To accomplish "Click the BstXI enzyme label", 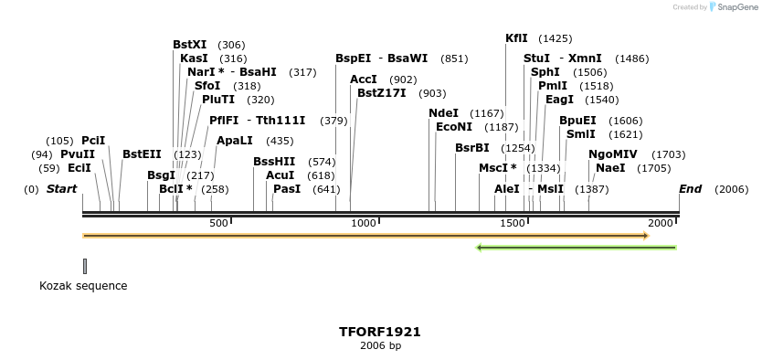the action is tap(190, 45).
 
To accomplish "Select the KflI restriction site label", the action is tap(516, 38).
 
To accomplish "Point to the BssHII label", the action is tap(274, 162).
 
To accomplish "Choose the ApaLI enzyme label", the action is tap(235, 141).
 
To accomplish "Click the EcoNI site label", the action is tap(454, 127).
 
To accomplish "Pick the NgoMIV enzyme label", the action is tap(613, 154).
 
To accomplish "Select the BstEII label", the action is tap(142, 154).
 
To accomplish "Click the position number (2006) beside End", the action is tap(731, 190).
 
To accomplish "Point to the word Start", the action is tap(61, 189).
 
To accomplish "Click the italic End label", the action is tap(690, 189).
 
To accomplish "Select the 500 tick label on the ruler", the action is tap(218, 223).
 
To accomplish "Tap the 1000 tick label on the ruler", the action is tap(364, 223).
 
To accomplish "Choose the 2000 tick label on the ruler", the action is tap(660, 223).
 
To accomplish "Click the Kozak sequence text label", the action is tap(83, 286).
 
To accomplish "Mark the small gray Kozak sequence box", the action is tap(85, 266).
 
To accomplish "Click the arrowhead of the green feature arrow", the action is tap(479, 248).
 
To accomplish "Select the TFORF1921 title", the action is tap(380, 332).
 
